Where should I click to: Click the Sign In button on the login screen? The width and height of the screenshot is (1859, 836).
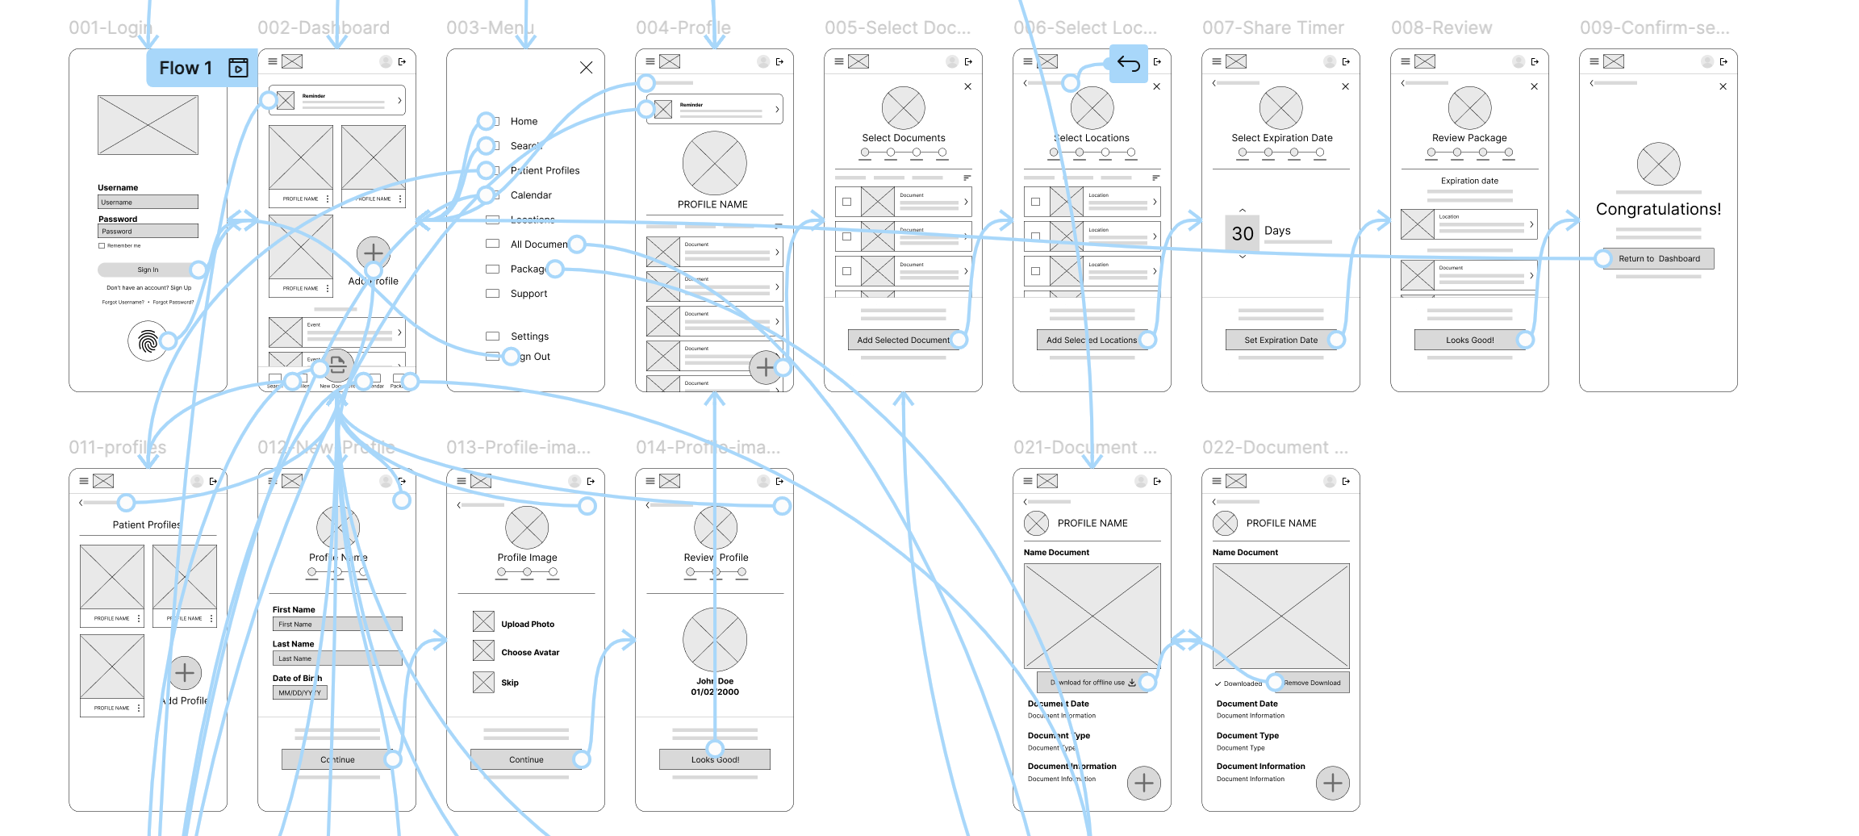click(x=148, y=270)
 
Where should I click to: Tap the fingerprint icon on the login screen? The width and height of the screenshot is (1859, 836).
click(x=148, y=341)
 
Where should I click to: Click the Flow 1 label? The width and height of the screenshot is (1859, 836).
click(x=186, y=68)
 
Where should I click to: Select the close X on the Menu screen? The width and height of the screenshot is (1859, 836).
click(x=587, y=68)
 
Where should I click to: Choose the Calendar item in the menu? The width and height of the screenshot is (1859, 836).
click(x=530, y=195)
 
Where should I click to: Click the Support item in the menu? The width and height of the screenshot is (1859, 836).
click(x=528, y=294)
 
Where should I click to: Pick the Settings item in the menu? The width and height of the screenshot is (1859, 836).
click(x=529, y=336)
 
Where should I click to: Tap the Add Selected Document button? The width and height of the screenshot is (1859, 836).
click(x=903, y=340)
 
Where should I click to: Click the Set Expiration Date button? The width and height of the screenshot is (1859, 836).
click(x=1280, y=340)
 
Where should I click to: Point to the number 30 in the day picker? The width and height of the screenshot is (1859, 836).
click(x=1243, y=233)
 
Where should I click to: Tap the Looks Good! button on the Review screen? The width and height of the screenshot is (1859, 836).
click(x=1469, y=340)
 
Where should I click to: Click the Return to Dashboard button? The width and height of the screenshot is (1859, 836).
click(x=1658, y=258)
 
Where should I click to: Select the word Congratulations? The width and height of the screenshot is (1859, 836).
click(x=1658, y=209)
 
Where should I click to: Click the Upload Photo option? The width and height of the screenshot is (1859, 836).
click(x=527, y=624)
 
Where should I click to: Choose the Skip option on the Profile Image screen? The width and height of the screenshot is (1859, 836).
click(x=510, y=683)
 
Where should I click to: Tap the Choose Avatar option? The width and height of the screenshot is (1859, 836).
click(x=529, y=652)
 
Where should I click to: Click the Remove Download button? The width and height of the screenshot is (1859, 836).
click(x=1312, y=683)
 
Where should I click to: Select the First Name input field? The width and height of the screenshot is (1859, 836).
click(x=337, y=624)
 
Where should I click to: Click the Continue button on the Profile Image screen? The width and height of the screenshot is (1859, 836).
click(x=526, y=759)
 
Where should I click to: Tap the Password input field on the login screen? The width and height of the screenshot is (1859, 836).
click(x=148, y=231)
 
